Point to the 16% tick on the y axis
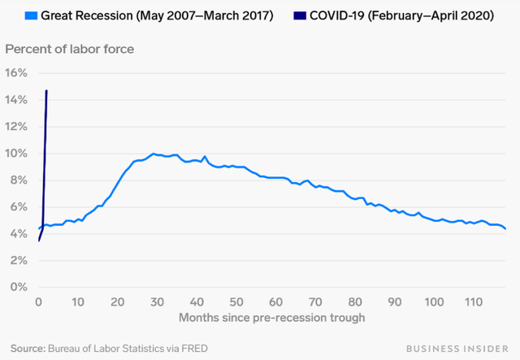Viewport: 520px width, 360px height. coord(17,72)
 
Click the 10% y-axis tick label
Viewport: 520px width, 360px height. coord(17,153)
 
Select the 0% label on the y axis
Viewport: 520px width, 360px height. coord(19,287)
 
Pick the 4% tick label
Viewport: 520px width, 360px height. coord(19,233)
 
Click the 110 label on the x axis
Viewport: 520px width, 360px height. coord(474,301)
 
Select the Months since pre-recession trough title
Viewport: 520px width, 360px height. coord(271,318)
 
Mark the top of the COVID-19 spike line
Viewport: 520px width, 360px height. coord(46,91)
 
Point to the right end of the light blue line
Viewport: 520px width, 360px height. coord(505,229)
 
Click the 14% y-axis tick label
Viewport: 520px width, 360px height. coord(17,99)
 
